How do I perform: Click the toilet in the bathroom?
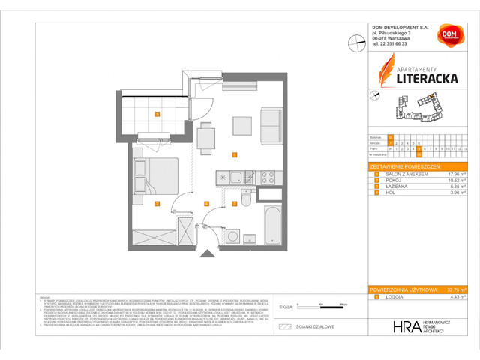(245, 200)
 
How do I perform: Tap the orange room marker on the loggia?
(156, 114)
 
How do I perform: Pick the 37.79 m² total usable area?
(457, 289)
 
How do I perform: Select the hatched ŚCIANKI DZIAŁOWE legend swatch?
(283, 328)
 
